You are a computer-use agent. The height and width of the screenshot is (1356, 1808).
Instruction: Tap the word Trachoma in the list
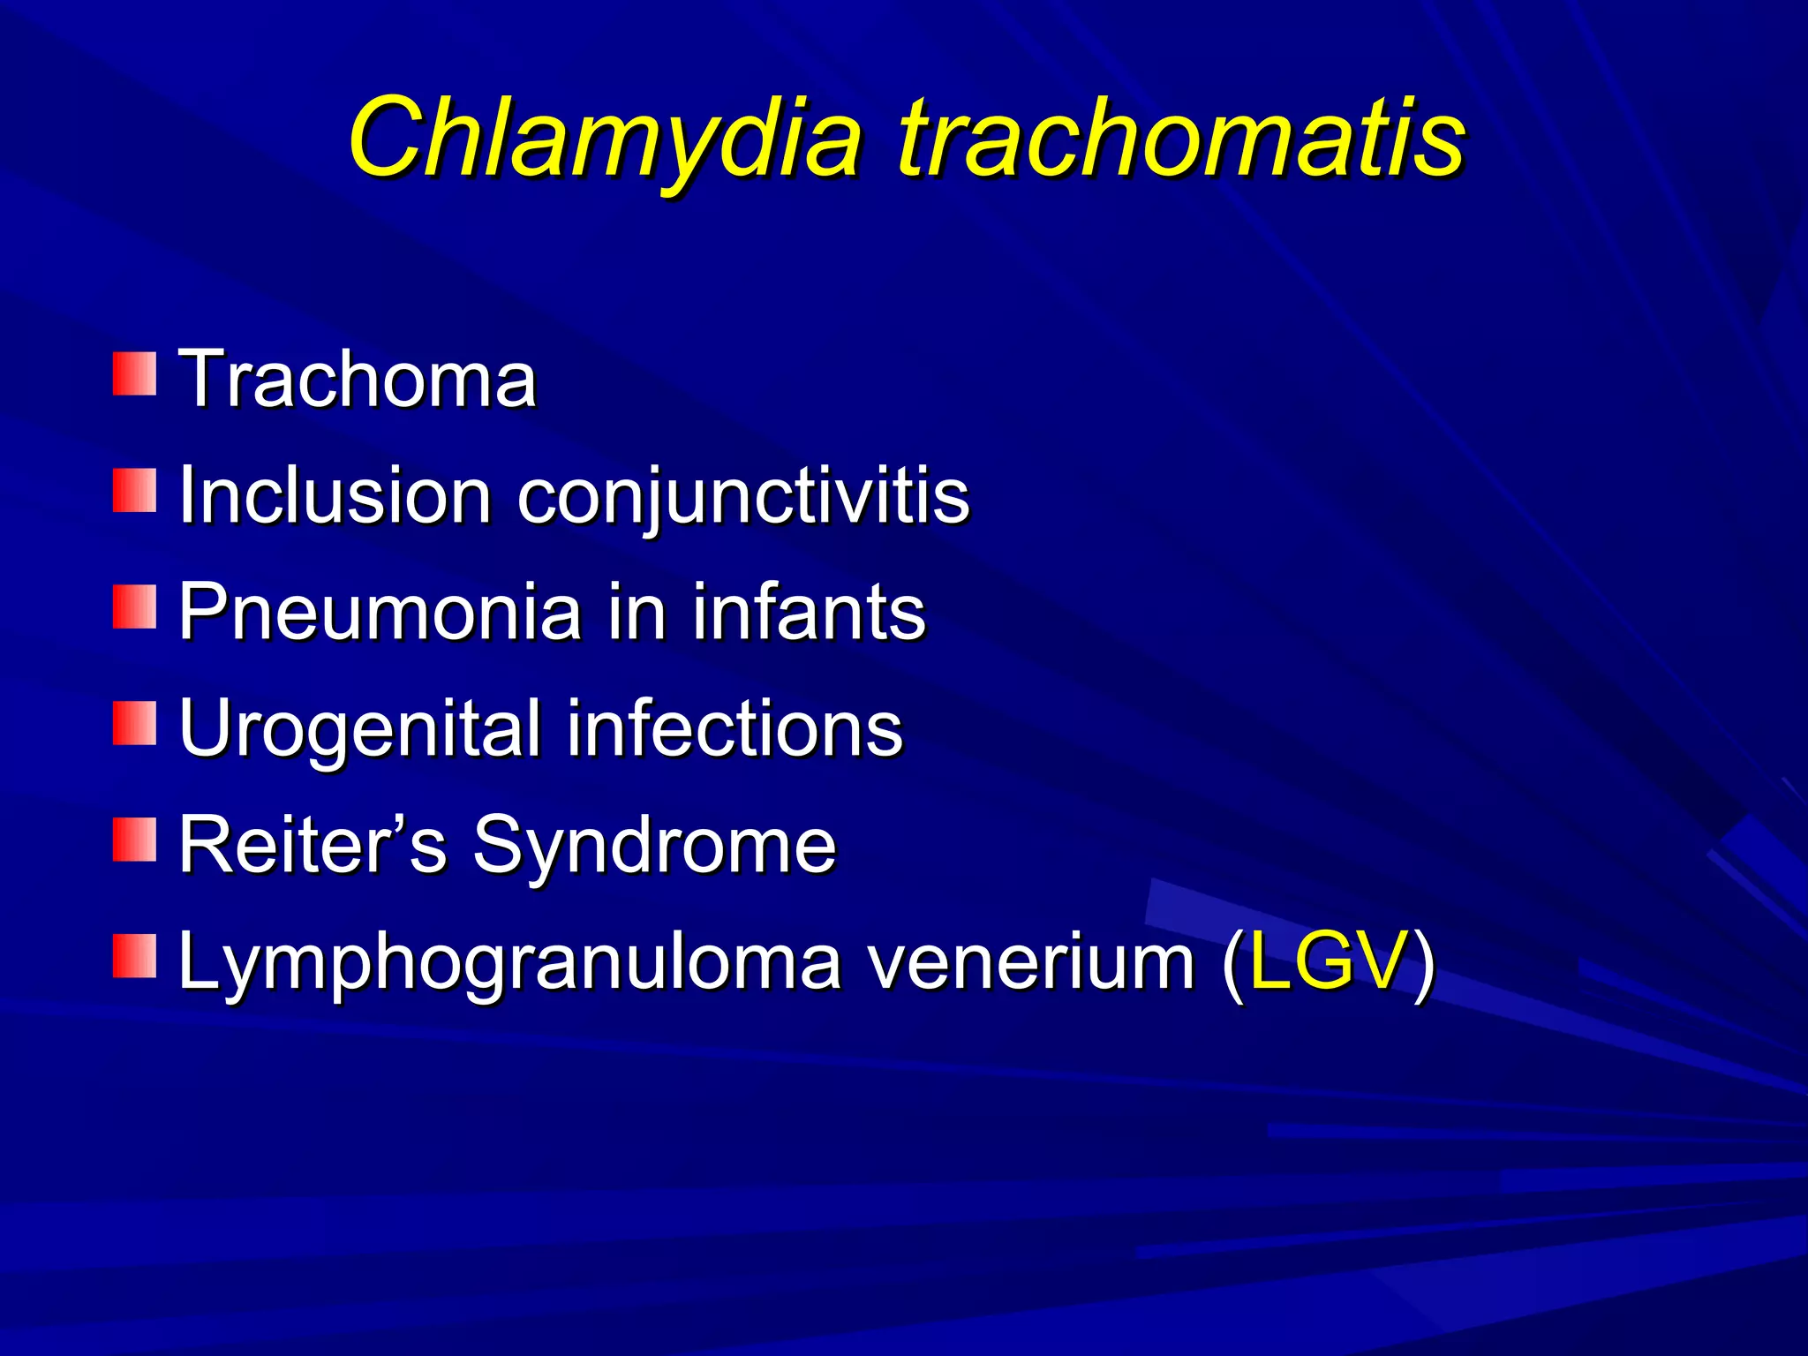point(358,380)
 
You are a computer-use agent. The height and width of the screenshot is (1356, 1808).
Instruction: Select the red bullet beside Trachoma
point(134,373)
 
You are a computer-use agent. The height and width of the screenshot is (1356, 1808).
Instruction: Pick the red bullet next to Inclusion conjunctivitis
point(134,490)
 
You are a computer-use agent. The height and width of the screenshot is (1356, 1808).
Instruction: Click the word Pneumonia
point(380,612)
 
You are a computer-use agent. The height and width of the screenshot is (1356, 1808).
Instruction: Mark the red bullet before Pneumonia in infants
point(134,606)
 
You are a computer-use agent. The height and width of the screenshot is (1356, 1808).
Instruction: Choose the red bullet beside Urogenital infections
point(134,723)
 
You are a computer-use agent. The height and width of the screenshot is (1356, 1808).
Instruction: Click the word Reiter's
point(313,845)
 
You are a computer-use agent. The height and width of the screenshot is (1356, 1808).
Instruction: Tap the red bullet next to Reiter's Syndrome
point(134,840)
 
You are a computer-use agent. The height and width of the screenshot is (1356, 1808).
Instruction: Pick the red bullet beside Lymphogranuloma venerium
point(134,956)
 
